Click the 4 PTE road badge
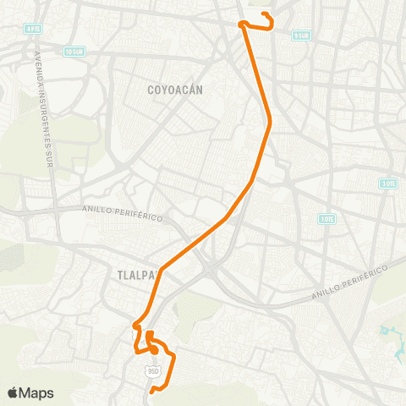click(x=33, y=28)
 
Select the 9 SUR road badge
click(x=300, y=36)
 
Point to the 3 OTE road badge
click(x=387, y=183)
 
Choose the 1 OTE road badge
click(x=326, y=218)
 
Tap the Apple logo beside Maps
click(x=13, y=392)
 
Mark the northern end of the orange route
click(x=265, y=14)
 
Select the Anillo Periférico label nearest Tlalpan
click(x=122, y=211)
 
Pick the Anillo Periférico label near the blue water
click(x=348, y=280)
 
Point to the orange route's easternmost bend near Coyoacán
click(x=269, y=124)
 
